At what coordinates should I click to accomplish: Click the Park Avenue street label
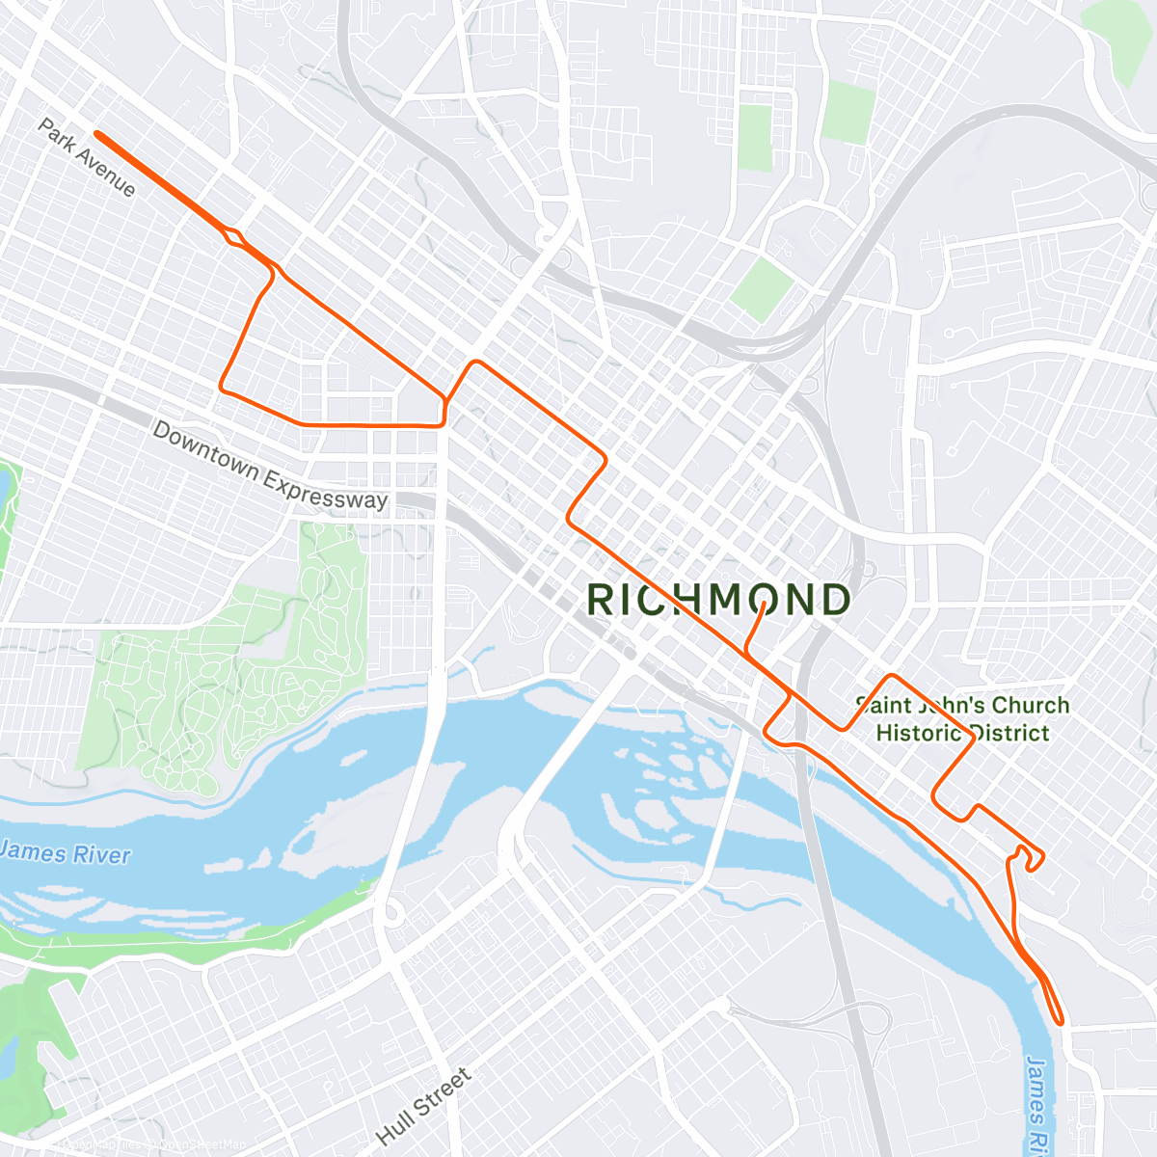coord(87,157)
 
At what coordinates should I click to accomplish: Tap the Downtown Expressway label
coord(270,466)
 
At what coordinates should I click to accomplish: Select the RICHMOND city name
coord(718,600)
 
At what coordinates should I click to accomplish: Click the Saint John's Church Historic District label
coord(962,719)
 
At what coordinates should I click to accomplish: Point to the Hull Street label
coord(424,1106)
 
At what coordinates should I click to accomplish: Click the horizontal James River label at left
coord(66,853)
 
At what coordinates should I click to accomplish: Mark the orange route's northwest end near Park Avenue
coord(98,134)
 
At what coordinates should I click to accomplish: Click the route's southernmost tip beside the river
coord(1061,1020)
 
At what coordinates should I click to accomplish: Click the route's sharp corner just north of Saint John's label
coord(893,676)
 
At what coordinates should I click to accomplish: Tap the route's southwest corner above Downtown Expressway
coord(223,388)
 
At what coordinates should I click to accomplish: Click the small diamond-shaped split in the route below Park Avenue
coord(234,235)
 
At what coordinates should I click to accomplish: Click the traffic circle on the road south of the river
coord(390,911)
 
